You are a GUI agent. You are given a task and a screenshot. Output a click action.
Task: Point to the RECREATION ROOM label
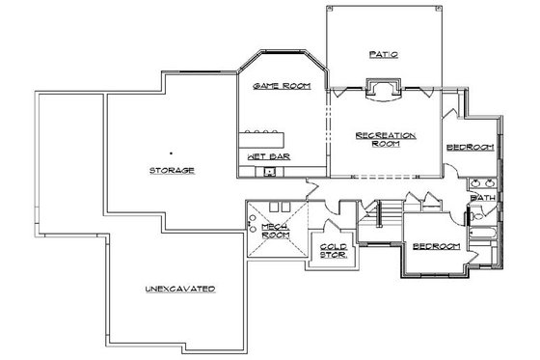[x=386, y=140]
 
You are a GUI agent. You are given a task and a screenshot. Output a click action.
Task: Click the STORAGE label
[x=173, y=170]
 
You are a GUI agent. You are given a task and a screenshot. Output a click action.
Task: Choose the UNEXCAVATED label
[x=180, y=289]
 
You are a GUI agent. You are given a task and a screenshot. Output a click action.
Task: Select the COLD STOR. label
[x=334, y=251]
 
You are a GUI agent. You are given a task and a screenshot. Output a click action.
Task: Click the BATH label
[x=480, y=199]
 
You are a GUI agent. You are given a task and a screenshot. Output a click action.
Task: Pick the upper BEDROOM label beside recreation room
[x=471, y=147]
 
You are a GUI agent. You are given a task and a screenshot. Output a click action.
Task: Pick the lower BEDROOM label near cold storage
[x=437, y=246]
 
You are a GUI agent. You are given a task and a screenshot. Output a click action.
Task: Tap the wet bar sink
[x=271, y=173]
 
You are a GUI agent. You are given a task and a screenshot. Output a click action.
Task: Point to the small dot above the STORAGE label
[x=172, y=152]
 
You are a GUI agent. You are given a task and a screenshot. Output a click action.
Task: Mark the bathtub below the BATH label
[x=483, y=231]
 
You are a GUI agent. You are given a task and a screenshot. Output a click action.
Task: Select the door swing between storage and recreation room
[x=310, y=186]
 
